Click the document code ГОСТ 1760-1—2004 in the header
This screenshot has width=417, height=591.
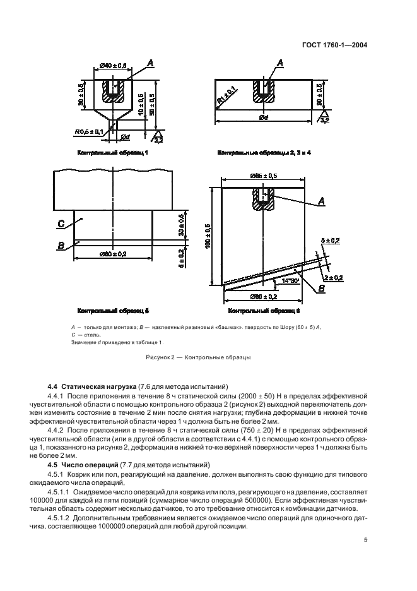pyautogui.click(x=335, y=45)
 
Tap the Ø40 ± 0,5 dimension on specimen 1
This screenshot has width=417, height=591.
pyautogui.click(x=114, y=65)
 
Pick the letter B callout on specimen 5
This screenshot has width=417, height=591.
pyautogui.click(x=61, y=245)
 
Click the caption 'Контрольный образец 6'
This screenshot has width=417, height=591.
pyautogui.click(x=264, y=311)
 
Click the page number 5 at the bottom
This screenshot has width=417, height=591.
pyautogui.click(x=365, y=539)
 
